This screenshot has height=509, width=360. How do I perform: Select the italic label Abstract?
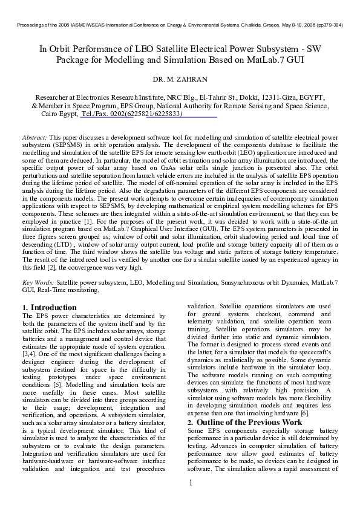pyautogui.click(x=34, y=138)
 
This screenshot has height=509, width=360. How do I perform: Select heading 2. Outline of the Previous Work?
pyautogui.click(x=244, y=422)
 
